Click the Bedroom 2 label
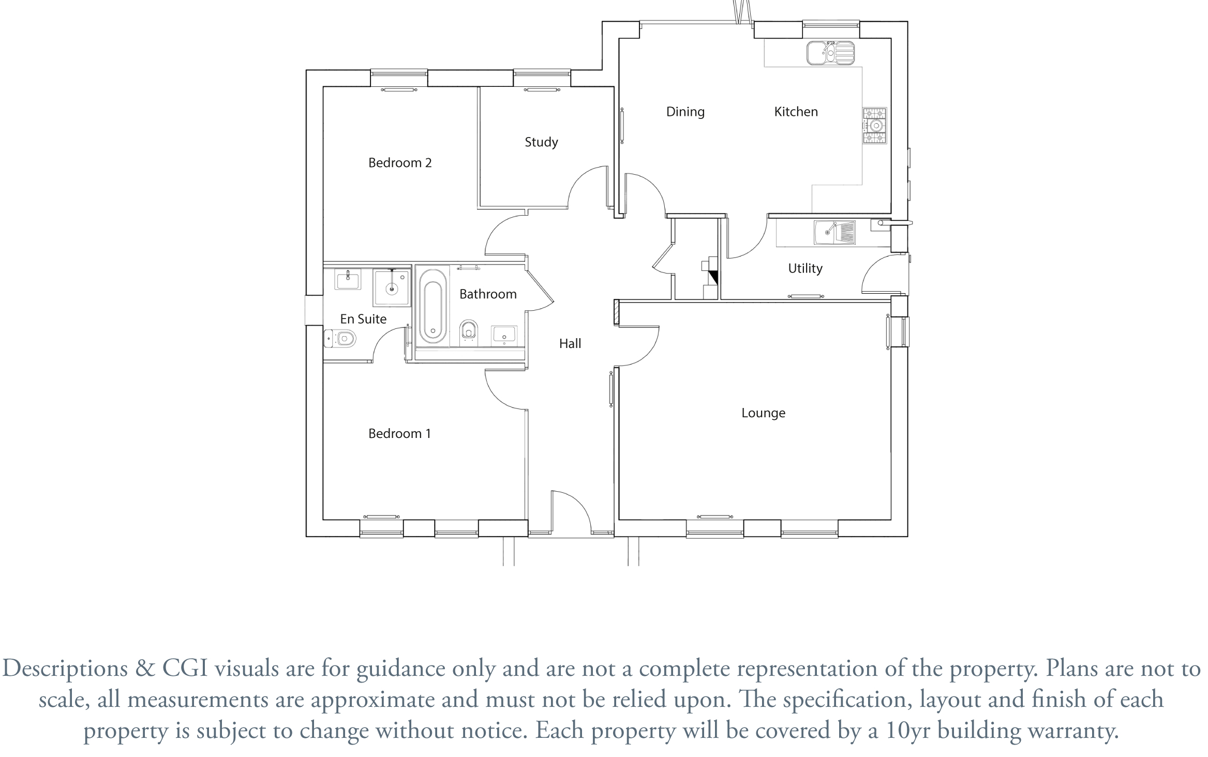click(399, 163)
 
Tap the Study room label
click(541, 142)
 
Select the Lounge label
click(763, 413)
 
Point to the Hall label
click(570, 343)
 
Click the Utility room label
click(805, 268)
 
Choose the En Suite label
click(363, 319)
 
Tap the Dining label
click(685, 112)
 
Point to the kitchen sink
click(830, 53)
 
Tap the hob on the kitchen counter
click(875, 125)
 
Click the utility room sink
click(834, 232)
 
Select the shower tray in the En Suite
click(392, 287)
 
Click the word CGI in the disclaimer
click(185, 668)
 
